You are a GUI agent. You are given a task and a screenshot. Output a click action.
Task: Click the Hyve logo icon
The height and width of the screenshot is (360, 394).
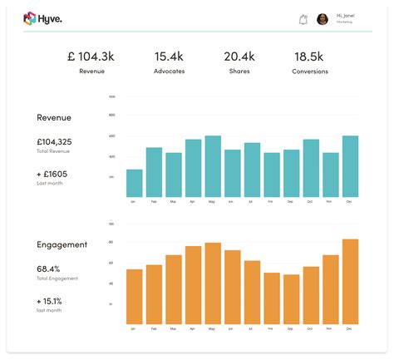click(30, 18)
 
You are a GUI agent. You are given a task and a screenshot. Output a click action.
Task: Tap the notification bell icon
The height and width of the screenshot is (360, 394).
click(303, 19)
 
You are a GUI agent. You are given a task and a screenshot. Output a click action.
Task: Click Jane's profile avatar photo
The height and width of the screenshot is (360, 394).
click(323, 19)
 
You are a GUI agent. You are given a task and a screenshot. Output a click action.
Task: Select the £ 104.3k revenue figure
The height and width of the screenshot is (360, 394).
click(91, 57)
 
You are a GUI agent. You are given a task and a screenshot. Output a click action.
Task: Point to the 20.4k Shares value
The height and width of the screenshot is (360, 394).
click(239, 57)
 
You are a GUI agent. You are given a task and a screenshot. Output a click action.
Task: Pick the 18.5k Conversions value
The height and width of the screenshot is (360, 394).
click(310, 57)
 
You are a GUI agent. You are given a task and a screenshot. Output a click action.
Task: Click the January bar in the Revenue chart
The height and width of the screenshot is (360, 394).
click(134, 183)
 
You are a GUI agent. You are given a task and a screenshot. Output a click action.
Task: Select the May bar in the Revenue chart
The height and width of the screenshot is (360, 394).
click(212, 166)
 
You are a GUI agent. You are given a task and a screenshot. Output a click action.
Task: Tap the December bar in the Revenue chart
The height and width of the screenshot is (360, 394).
click(350, 166)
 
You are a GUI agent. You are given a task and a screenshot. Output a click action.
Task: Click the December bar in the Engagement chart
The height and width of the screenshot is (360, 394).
click(350, 282)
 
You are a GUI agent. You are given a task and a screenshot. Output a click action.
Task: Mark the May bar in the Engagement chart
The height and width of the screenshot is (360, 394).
click(212, 284)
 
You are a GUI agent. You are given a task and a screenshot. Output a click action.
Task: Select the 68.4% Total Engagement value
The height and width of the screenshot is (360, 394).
click(48, 269)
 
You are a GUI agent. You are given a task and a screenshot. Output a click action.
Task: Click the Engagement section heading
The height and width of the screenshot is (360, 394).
click(63, 244)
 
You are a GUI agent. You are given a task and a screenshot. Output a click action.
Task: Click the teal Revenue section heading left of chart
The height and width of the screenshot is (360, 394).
click(55, 118)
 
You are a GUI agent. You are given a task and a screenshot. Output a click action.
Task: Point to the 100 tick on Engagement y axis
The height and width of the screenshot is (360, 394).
click(111, 223)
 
